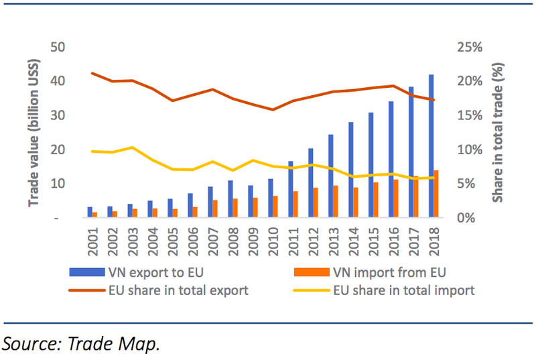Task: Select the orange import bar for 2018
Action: click(x=437, y=194)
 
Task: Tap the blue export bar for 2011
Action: click(x=291, y=190)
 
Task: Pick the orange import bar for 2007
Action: click(x=214, y=209)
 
